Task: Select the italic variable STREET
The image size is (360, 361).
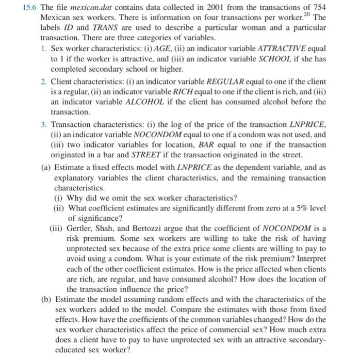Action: tap(133, 156)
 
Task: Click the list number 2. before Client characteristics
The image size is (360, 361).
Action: tap(44, 81)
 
